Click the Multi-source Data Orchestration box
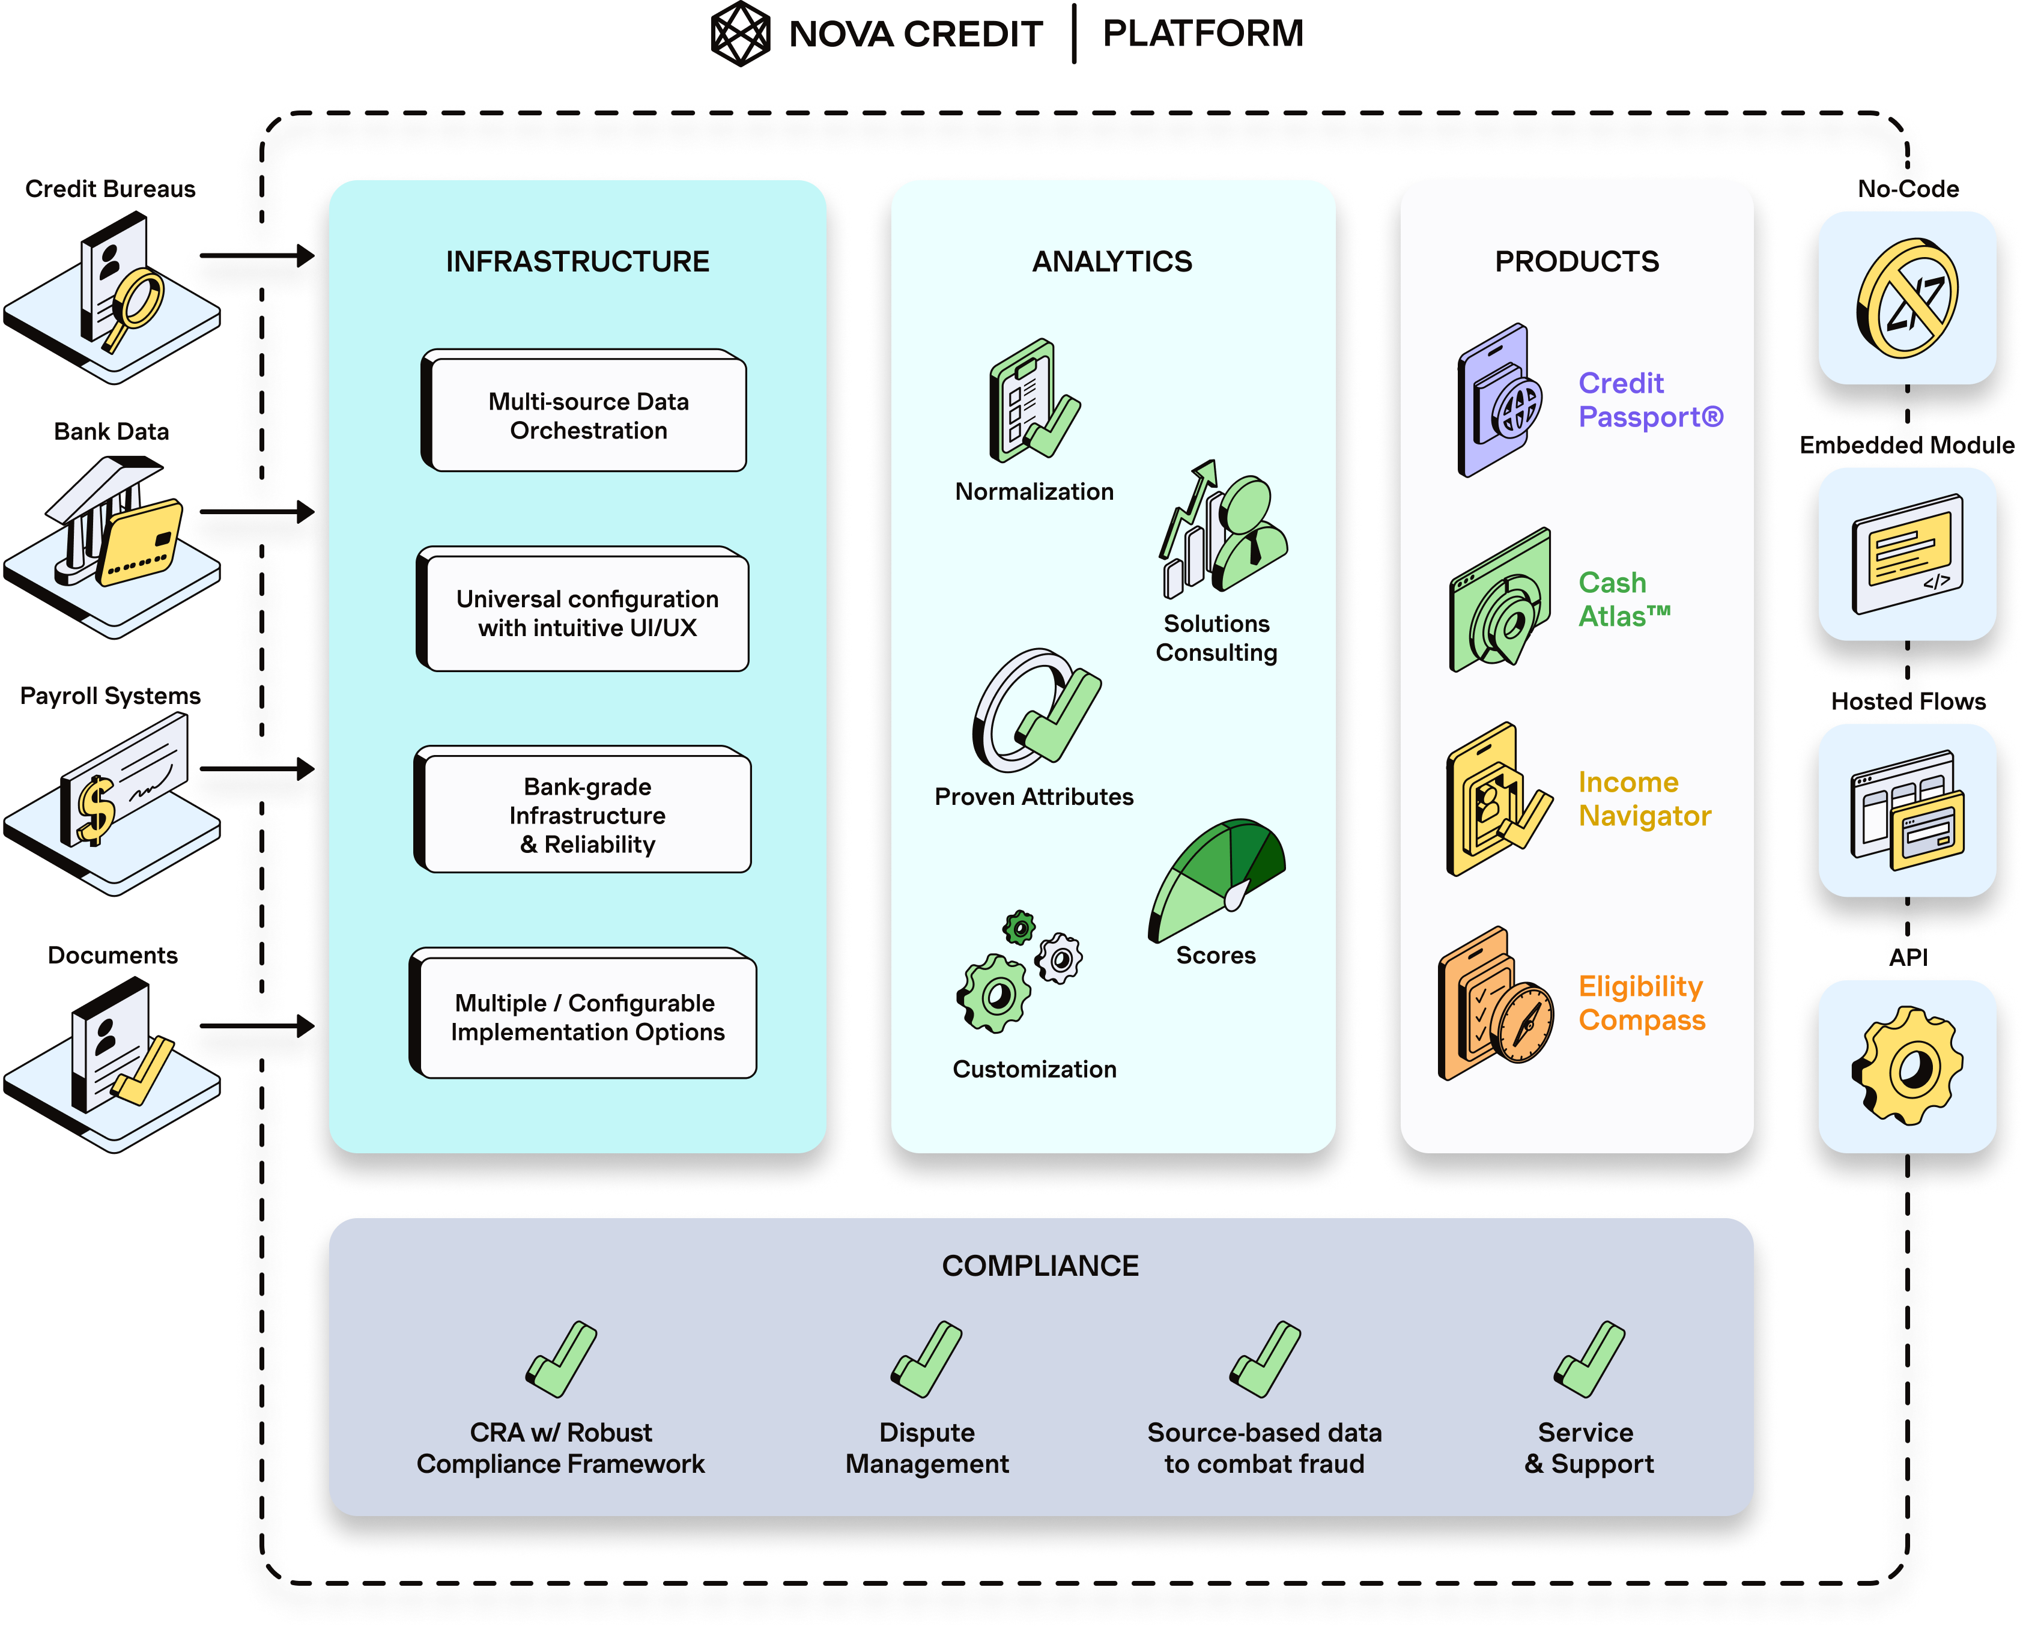pyautogui.click(x=587, y=414)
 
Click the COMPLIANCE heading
pyautogui.click(x=1040, y=1265)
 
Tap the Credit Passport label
pyautogui.click(x=1649, y=400)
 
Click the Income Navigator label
pyautogui.click(x=1644, y=798)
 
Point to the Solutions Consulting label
pyautogui.click(x=1216, y=638)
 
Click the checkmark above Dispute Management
pyautogui.click(x=926, y=1360)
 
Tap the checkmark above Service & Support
pyautogui.click(x=1589, y=1360)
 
